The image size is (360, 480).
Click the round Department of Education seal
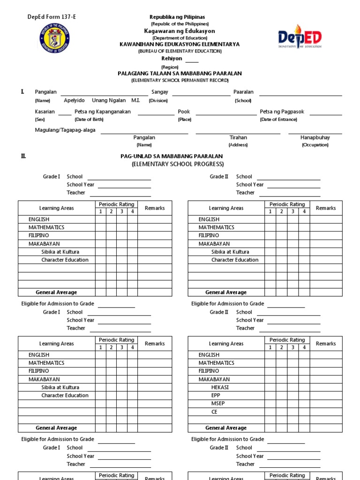(x=55, y=40)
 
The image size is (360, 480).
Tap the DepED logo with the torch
(x=300, y=38)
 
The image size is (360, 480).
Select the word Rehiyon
(x=172, y=59)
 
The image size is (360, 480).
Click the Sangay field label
(x=159, y=92)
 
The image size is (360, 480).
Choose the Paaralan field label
(x=243, y=92)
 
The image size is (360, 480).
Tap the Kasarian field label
(x=45, y=112)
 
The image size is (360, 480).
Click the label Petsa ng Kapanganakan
(x=103, y=112)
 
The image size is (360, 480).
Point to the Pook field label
(x=184, y=112)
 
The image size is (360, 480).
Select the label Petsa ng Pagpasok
(x=282, y=112)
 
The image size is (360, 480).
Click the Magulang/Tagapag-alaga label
(x=65, y=130)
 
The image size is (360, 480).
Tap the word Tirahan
(x=238, y=137)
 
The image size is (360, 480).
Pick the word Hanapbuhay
(x=315, y=137)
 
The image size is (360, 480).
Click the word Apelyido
(x=74, y=100)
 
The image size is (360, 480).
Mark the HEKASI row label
(x=220, y=387)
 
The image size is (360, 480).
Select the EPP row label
(x=216, y=395)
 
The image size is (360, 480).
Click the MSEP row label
(x=218, y=403)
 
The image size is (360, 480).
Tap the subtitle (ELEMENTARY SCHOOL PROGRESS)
(x=178, y=164)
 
